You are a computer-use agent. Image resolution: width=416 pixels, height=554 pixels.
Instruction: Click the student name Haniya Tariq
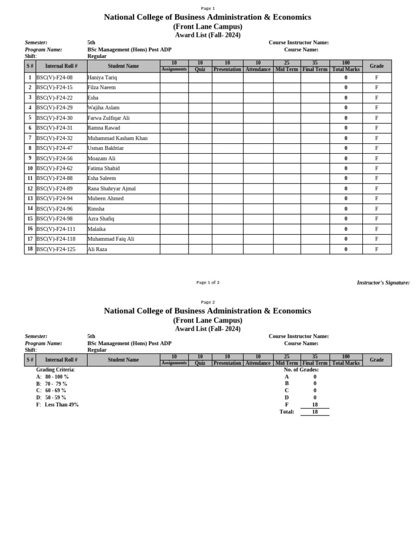point(102,77)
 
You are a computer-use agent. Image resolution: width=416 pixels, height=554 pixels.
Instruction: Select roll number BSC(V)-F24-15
point(54,88)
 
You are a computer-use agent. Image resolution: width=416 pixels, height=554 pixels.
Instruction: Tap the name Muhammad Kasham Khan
point(118,138)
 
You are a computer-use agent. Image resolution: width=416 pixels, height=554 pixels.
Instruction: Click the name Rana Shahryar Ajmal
point(112,189)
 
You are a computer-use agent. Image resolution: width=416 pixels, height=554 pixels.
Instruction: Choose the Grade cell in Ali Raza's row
point(376,249)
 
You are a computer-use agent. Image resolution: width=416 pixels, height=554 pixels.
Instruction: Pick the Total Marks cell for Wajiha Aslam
point(346,108)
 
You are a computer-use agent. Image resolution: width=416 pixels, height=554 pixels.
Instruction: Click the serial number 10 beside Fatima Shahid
point(30,168)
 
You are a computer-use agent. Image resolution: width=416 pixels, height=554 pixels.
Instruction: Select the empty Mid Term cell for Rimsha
point(287,209)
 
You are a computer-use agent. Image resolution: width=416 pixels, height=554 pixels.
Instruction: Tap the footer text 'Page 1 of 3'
point(207,282)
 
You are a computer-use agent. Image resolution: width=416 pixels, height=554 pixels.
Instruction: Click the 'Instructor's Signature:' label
point(383,282)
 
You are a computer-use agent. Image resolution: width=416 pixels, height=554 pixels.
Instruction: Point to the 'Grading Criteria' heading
point(55,370)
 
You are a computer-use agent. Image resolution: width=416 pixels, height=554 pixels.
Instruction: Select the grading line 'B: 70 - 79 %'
point(52,384)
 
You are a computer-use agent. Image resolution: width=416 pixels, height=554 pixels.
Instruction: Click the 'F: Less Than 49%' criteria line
point(57,405)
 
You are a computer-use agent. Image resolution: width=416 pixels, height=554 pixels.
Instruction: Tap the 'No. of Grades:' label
point(301,370)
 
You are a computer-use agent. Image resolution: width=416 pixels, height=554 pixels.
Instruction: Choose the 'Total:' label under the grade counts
point(287,412)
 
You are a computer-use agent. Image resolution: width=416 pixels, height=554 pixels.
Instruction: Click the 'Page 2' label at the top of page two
point(207,302)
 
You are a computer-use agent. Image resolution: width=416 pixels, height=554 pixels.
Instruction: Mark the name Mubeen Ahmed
point(105,199)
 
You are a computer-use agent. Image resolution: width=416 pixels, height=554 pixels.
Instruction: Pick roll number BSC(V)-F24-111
point(55,229)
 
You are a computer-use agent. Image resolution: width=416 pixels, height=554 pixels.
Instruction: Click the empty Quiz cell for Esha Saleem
point(200,179)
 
